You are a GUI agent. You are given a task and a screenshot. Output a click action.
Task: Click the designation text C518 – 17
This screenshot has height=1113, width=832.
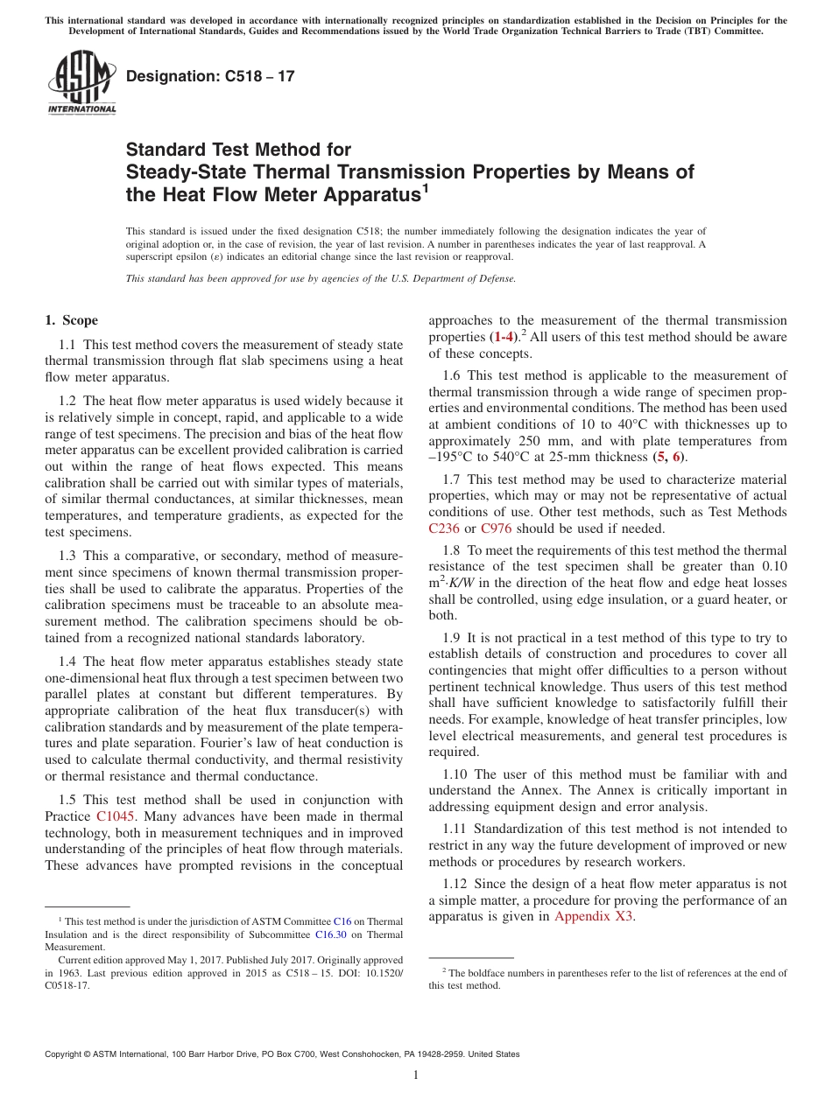(210, 77)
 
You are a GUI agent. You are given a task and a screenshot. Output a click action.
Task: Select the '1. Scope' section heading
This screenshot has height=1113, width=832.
(72, 320)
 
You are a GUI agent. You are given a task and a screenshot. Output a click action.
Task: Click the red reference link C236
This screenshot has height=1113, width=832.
(443, 528)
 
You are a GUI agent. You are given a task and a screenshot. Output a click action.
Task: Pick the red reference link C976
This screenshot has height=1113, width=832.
(496, 528)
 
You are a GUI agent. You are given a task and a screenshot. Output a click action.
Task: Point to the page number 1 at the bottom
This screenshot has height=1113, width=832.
(416, 1074)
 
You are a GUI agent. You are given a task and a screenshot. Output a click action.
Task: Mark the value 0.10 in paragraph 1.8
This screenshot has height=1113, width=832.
(772, 566)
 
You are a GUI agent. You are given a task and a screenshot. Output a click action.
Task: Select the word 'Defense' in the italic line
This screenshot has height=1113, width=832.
(494, 279)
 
